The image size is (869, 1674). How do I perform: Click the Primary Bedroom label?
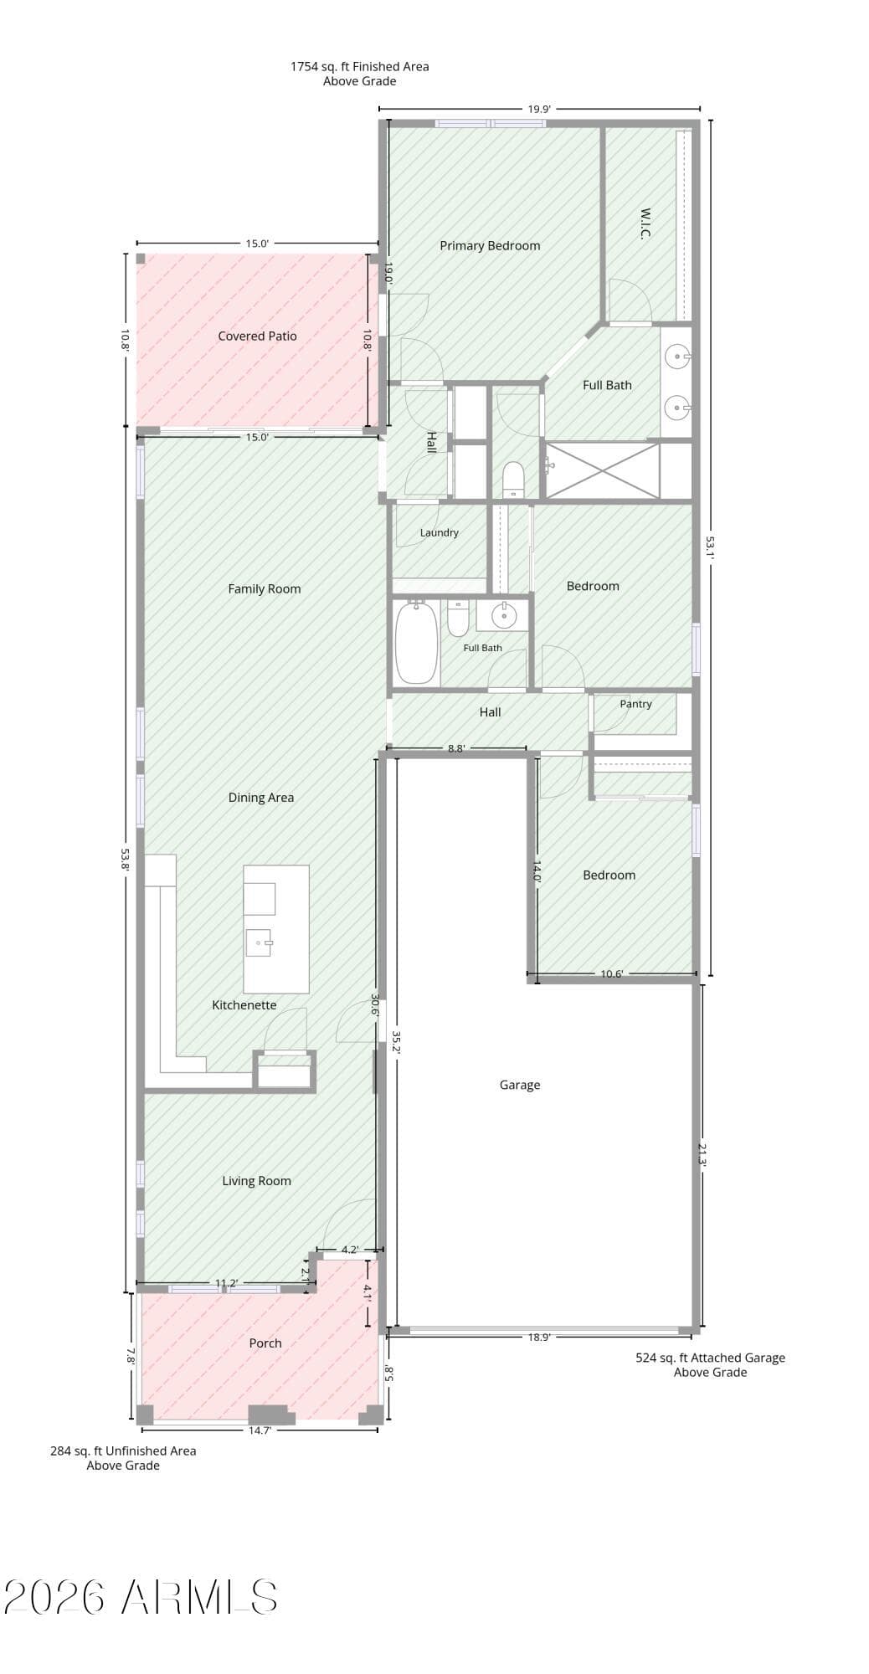[490, 245]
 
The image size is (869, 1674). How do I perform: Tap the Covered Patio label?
[257, 336]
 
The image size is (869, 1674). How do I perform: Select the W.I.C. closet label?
[645, 223]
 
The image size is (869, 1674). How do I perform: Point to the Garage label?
[520, 1085]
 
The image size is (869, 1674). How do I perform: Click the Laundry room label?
[440, 532]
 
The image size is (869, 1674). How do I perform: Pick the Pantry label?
[636, 704]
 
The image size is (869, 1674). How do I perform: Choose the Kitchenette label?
[244, 1005]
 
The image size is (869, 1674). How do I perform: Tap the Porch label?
[265, 1343]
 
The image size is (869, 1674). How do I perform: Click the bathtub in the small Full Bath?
[416, 642]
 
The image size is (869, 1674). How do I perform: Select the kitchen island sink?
[260, 942]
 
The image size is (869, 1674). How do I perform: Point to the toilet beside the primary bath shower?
[513, 480]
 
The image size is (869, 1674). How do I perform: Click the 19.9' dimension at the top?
[539, 109]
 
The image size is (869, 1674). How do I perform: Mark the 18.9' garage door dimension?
[539, 1338]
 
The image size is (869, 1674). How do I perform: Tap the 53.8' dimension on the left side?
[126, 860]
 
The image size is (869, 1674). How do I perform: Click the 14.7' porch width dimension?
[260, 1430]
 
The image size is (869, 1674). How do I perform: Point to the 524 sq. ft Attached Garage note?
[711, 1364]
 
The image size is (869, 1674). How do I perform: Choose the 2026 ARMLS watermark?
[141, 1597]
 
